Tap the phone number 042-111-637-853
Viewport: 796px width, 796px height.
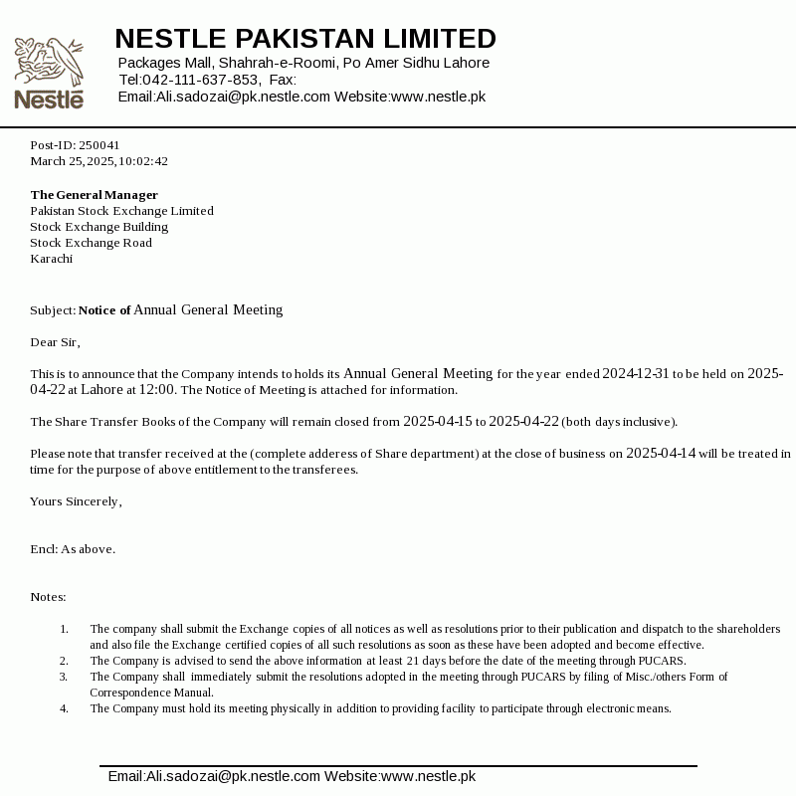coord(201,80)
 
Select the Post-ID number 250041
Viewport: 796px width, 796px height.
coord(99,145)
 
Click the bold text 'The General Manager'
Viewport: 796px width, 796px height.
coord(94,195)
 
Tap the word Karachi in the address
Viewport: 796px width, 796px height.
coord(51,259)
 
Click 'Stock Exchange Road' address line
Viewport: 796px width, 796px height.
coord(91,243)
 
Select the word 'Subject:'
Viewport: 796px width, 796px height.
coord(53,310)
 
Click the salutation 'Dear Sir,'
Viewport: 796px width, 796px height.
coord(55,342)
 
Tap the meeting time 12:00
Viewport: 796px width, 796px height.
coord(157,390)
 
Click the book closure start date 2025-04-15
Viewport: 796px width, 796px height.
coord(437,422)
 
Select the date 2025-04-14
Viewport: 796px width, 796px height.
coord(661,454)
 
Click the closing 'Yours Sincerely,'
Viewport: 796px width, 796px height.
coord(76,501)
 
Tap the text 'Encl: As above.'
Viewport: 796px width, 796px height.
coord(73,549)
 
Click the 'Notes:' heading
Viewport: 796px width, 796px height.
coord(48,597)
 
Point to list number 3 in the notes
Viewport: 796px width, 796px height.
coord(64,677)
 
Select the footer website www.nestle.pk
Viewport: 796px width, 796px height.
coord(428,776)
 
